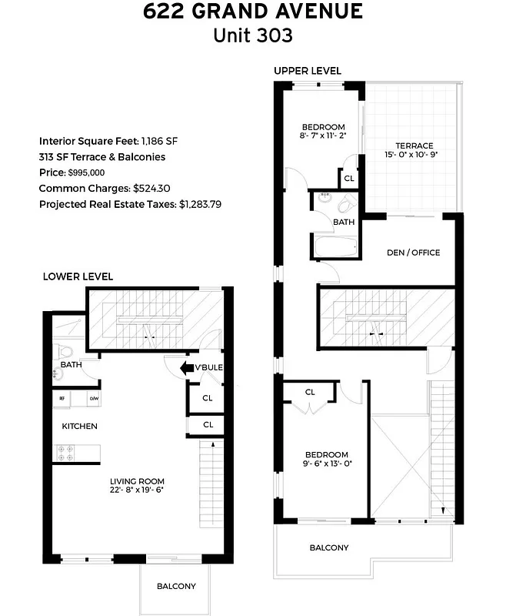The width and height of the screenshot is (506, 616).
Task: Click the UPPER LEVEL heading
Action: tap(307, 71)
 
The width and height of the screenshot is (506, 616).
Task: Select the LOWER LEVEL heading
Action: tap(78, 276)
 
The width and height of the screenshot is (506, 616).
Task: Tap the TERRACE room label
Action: tap(414, 146)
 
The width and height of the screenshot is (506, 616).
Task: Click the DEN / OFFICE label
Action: tap(414, 253)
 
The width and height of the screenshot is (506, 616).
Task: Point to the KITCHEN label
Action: tap(80, 426)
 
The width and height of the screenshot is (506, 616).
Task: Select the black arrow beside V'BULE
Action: tap(186, 368)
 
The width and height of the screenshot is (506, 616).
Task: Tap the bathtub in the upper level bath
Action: tap(335, 247)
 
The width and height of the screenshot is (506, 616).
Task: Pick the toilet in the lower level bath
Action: tap(65, 348)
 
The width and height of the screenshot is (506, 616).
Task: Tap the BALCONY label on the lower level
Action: tap(176, 586)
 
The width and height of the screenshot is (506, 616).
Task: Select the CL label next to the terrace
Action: tap(349, 178)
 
